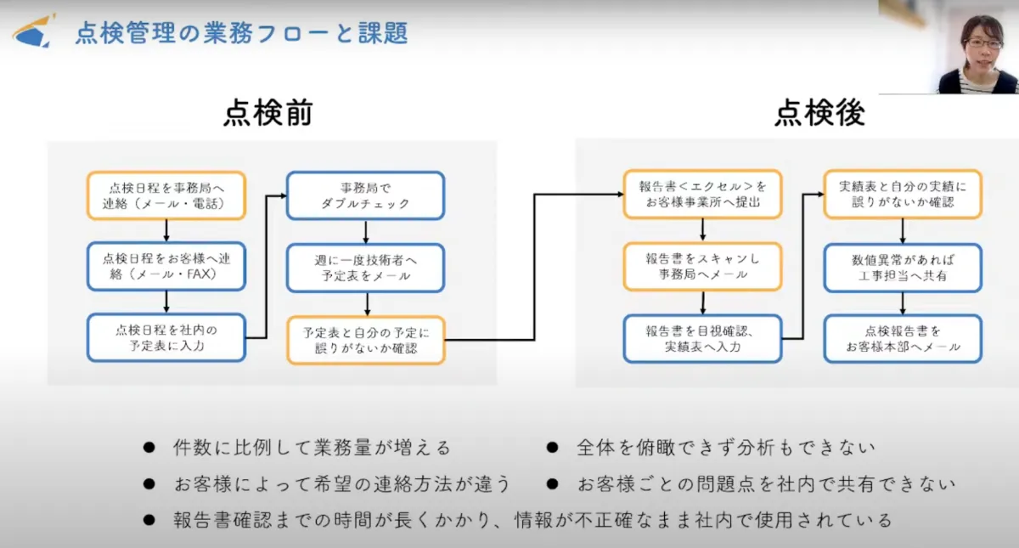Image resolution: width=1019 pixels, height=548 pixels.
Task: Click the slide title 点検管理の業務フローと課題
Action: [x=241, y=32]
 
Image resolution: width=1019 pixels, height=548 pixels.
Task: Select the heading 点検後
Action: [x=819, y=113]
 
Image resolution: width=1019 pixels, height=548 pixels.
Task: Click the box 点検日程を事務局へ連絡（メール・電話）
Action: [x=166, y=195]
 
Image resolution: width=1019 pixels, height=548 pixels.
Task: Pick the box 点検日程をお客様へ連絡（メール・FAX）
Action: [x=166, y=267]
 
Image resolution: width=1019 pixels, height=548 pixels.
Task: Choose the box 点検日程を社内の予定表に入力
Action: [x=166, y=338]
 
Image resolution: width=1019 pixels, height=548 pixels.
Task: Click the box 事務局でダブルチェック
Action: [x=365, y=195]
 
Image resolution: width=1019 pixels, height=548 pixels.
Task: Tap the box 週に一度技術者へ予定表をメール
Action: [x=365, y=267]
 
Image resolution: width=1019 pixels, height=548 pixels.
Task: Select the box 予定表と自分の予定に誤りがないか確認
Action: [x=365, y=340]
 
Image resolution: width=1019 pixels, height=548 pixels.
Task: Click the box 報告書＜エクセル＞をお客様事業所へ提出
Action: [x=702, y=195]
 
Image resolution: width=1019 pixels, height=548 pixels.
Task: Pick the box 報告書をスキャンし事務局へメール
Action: [x=702, y=267]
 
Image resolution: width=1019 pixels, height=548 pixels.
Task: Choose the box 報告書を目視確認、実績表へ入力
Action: [x=702, y=338]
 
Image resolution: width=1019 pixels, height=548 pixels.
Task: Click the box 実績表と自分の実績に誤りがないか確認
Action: [x=903, y=195]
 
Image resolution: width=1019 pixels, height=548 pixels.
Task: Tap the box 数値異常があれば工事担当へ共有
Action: [x=903, y=267]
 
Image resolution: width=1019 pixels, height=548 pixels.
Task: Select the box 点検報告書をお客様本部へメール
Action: [x=903, y=338]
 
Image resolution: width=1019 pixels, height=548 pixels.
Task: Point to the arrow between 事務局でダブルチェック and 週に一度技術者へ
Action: [x=365, y=231]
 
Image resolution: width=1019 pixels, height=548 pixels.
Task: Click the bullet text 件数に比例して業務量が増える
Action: [x=311, y=447]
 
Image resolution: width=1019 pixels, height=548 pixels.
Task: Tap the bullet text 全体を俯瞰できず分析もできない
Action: [x=725, y=447]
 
